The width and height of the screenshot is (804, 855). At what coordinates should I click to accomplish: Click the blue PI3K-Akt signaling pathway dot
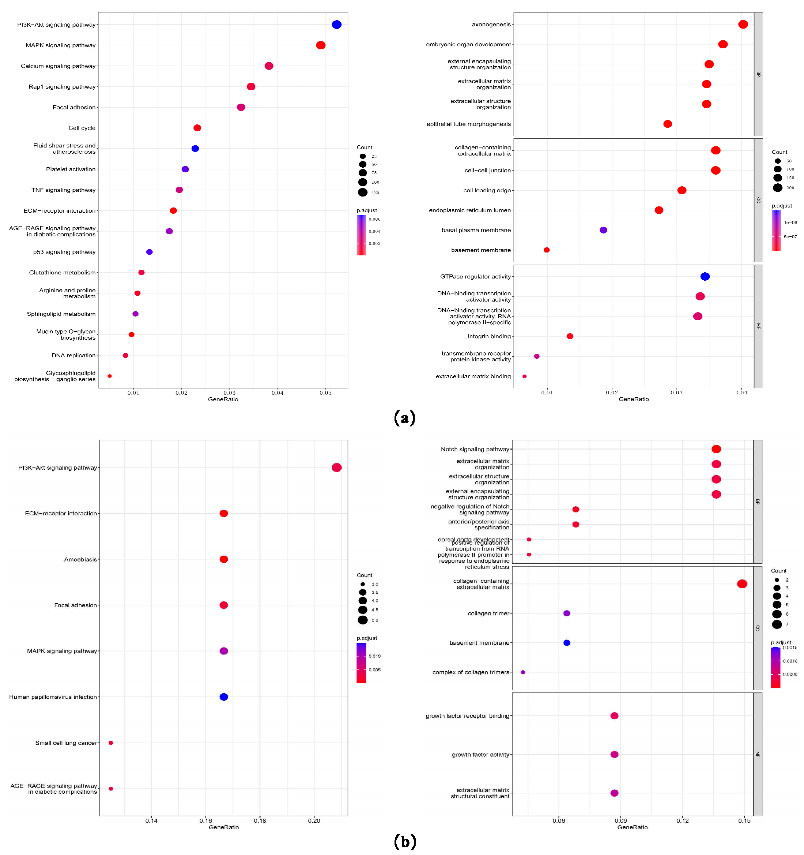337,25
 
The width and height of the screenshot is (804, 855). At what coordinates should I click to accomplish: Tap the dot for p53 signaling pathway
149,252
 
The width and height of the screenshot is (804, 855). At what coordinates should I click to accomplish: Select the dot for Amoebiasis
223,559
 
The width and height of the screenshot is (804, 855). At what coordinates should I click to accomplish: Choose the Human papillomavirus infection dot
223,697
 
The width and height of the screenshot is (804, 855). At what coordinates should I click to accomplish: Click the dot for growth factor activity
614,754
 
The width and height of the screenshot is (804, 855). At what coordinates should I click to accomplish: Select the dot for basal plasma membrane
603,230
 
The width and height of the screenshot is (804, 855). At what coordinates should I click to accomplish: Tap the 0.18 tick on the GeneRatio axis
260,821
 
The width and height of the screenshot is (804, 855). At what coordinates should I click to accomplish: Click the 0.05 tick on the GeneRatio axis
326,393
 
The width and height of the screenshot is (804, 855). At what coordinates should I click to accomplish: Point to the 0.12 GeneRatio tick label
682,821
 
